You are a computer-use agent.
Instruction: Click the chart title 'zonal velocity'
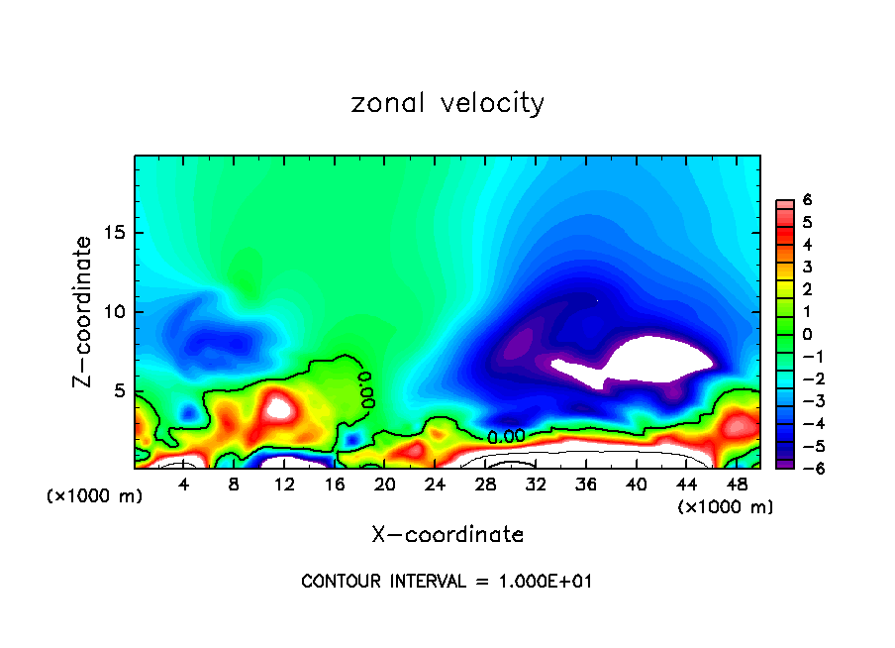[447, 103]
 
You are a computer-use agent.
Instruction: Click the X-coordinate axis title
[447, 535]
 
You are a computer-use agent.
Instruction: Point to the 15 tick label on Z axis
[113, 233]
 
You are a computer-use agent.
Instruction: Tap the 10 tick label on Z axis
[113, 311]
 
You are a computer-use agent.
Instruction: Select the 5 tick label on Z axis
[118, 390]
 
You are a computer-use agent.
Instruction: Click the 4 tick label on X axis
[184, 485]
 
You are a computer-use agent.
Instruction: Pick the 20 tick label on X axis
[385, 485]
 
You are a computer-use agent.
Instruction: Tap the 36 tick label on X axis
[586, 485]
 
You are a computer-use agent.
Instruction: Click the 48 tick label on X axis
[737, 485]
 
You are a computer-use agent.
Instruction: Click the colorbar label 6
[807, 200]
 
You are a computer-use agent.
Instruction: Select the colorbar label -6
[805, 467]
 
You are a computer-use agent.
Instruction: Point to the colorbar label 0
[807, 333]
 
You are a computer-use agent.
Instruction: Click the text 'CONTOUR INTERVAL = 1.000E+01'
[447, 582]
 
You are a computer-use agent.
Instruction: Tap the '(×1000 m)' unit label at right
[725, 507]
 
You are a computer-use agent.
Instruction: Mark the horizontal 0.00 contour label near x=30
[506, 435]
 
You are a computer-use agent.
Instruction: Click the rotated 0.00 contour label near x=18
[366, 390]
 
